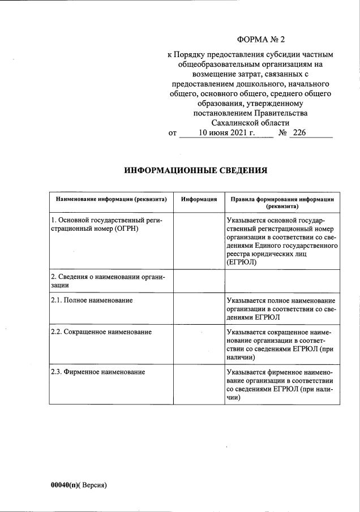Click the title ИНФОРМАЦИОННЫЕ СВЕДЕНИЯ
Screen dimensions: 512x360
[x=195, y=170]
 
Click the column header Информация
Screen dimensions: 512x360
[x=199, y=199]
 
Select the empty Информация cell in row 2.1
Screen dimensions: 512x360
[x=199, y=308]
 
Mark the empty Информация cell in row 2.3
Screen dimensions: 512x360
[x=199, y=385]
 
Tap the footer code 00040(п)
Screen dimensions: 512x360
[x=64, y=485]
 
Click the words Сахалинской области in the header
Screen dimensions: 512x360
[x=250, y=123]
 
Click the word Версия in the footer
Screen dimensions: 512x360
[x=93, y=485]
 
